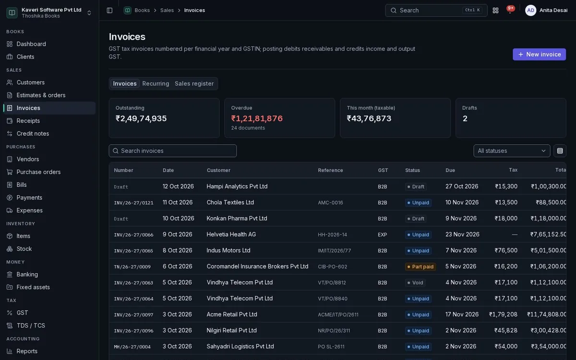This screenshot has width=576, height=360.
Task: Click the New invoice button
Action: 539,54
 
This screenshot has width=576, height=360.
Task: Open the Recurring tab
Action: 156,84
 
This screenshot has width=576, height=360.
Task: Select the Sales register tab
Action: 194,84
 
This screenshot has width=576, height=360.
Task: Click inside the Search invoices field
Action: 172,151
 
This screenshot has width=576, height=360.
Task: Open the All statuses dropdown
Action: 512,151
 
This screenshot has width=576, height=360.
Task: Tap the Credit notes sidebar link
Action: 33,133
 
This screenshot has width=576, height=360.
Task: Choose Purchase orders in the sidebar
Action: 38,172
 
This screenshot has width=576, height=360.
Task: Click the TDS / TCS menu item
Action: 31,325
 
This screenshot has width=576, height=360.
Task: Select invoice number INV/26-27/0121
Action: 133,203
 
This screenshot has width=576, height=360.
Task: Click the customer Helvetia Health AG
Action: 231,234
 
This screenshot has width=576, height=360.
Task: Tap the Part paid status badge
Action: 420,267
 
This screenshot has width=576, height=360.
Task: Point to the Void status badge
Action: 415,283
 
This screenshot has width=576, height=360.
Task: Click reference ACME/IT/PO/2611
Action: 338,314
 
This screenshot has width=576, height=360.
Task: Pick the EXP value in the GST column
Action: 382,235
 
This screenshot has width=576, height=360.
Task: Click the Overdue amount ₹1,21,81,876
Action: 257,118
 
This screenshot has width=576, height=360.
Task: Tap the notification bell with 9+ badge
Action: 510,10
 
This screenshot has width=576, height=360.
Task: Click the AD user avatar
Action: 530,10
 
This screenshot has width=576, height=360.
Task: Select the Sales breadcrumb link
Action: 167,10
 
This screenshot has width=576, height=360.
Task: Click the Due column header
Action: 450,170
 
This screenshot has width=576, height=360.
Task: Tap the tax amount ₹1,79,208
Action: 503,314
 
